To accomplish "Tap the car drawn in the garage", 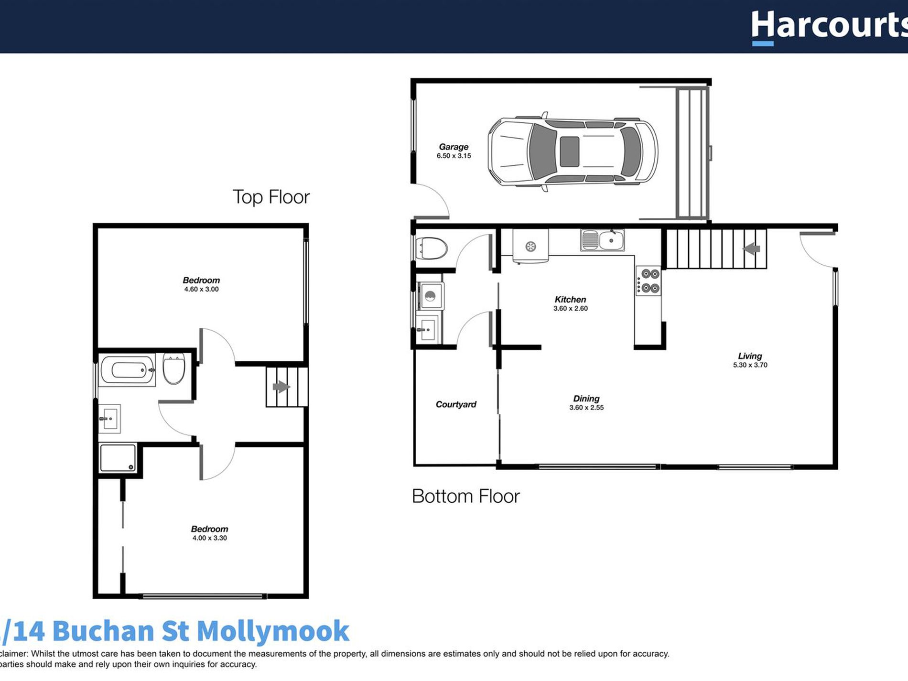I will click(x=573, y=152).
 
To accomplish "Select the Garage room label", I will click(x=454, y=147).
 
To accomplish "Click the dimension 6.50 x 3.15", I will click(x=454, y=156).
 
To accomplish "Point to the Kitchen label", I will click(x=570, y=300).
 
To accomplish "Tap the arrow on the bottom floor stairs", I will click(x=752, y=249).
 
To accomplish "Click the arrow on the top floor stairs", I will click(x=281, y=387).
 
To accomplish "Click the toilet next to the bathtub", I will click(x=173, y=369).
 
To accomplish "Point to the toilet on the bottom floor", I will click(x=432, y=249).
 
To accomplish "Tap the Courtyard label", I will click(x=456, y=404).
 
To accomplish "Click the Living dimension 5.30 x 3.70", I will click(x=750, y=365).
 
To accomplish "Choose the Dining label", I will click(x=586, y=399).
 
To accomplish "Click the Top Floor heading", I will click(x=271, y=197).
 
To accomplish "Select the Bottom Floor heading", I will click(x=465, y=497).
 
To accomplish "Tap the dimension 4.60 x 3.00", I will click(x=201, y=289).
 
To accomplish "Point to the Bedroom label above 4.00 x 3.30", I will click(x=209, y=529).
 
